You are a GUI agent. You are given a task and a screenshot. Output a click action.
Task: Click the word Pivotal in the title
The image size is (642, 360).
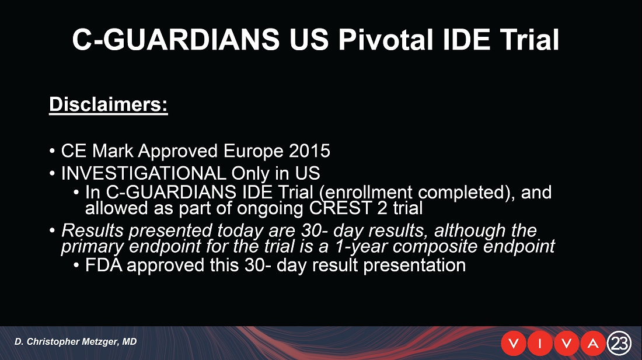click(385, 40)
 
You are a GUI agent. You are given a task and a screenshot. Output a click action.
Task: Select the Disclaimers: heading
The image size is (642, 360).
click(109, 104)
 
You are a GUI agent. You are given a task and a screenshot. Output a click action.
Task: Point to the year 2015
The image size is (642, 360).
click(309, 151)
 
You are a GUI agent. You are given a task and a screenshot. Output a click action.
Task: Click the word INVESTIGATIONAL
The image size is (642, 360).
click(144, 173)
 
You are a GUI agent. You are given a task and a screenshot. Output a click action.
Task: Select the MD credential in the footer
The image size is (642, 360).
click(130, 341)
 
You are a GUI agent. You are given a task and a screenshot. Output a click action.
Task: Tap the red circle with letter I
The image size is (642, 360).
click(540, 344)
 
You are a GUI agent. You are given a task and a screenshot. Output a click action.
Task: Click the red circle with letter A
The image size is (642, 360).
click(593, 344)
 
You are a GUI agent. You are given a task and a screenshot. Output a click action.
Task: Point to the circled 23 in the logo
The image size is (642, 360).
click(619, 343)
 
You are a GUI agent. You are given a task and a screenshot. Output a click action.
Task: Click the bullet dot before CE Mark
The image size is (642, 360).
click(52, 151)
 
